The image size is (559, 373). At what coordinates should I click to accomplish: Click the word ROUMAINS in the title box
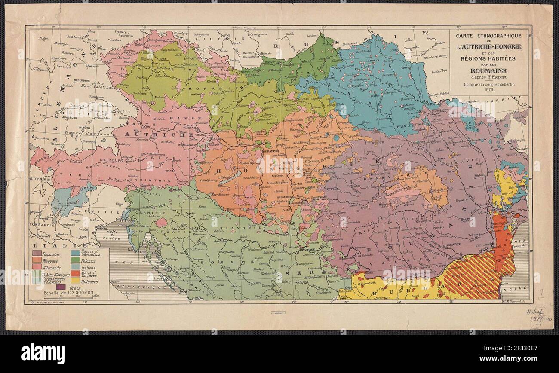tap(488, 70)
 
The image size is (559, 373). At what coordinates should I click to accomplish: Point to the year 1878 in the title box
tap(488, 90)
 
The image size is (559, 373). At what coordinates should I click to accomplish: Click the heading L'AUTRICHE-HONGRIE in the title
tap(488, 46)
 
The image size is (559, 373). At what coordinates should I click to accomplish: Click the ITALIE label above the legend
tap(47, 245)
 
